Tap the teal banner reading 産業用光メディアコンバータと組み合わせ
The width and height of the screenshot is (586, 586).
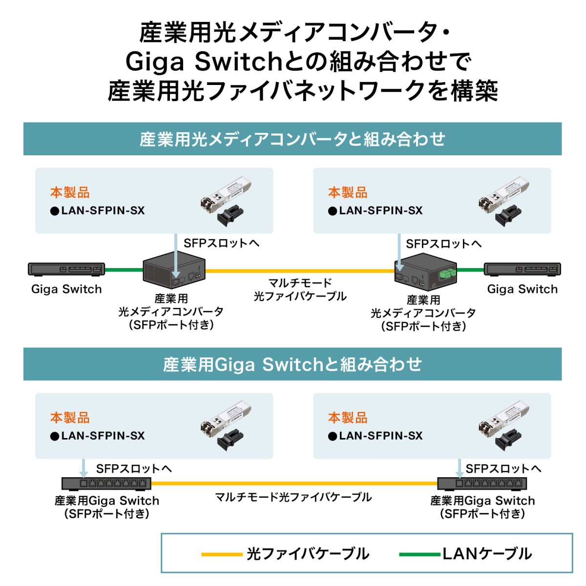point(293,139)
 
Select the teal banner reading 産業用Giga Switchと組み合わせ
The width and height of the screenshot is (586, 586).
point(293,364)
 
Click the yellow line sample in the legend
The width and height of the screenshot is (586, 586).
point(222,554)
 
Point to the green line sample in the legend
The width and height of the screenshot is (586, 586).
point(419,554)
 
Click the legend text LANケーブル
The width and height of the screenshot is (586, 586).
point(487,554)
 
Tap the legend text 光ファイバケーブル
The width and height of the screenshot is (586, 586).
point(308,554)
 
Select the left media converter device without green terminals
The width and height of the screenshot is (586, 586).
point(173,272)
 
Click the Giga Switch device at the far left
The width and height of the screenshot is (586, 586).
point(66,270)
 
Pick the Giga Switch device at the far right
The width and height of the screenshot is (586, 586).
point(522,270)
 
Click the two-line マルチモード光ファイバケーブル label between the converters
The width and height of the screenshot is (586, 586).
point(300,290)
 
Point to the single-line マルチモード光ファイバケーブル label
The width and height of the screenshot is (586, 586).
point(293,497)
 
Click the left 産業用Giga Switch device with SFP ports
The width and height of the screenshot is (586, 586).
point(106,483)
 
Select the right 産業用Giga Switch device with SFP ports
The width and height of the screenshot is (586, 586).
point(481,483)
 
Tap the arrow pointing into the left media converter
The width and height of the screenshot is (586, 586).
point(175,256)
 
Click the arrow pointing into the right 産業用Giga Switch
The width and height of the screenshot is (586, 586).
point(459,468)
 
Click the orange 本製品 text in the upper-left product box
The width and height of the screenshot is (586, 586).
point(70,193)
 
